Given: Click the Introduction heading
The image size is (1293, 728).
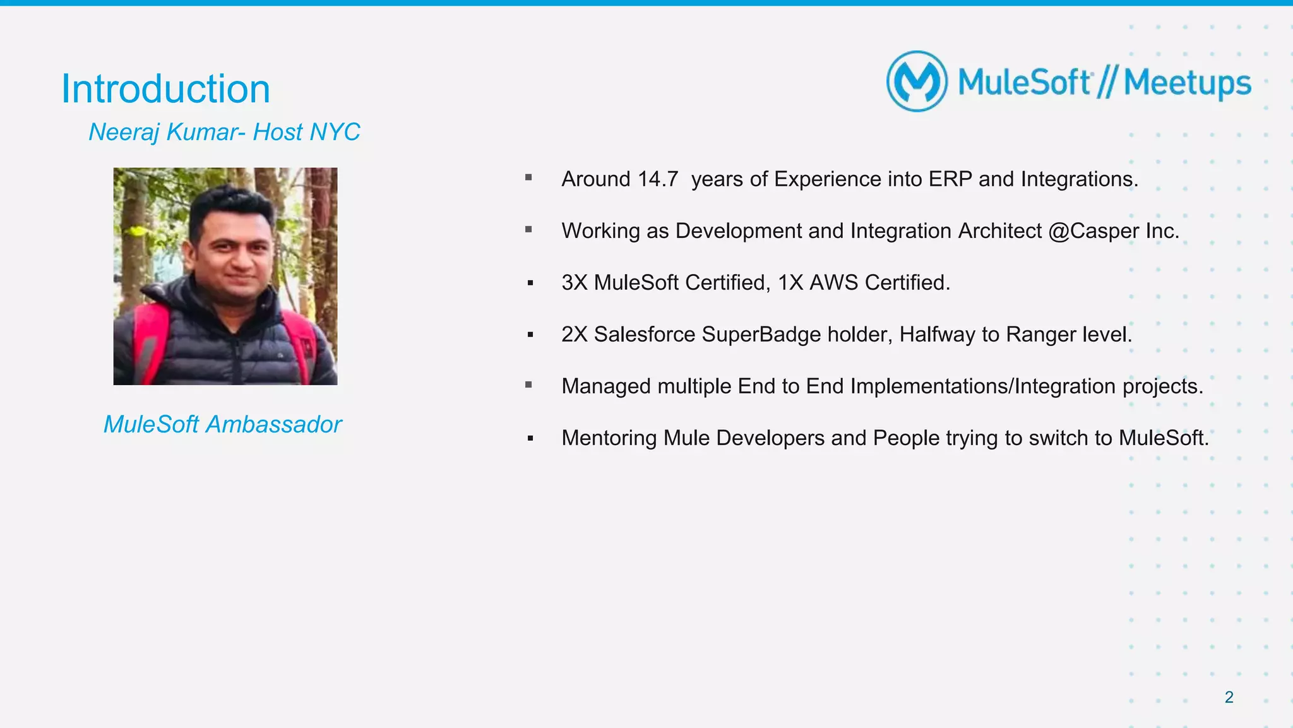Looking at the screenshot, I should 165,89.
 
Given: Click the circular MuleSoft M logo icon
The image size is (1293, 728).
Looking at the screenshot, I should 917,81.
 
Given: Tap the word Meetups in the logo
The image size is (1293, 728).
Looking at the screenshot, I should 1187,83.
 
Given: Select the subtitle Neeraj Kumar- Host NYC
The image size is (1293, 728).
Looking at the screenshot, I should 224,132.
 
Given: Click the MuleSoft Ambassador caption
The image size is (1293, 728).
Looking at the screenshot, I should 222,424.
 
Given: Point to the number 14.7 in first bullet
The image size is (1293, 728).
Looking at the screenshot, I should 657,179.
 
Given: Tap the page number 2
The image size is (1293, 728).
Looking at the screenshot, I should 1229,697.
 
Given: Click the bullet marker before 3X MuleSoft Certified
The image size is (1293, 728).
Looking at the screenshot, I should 530,283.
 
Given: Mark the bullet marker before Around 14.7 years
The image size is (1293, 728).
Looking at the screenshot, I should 528,178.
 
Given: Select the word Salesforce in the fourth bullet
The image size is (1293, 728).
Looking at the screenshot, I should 644,335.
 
